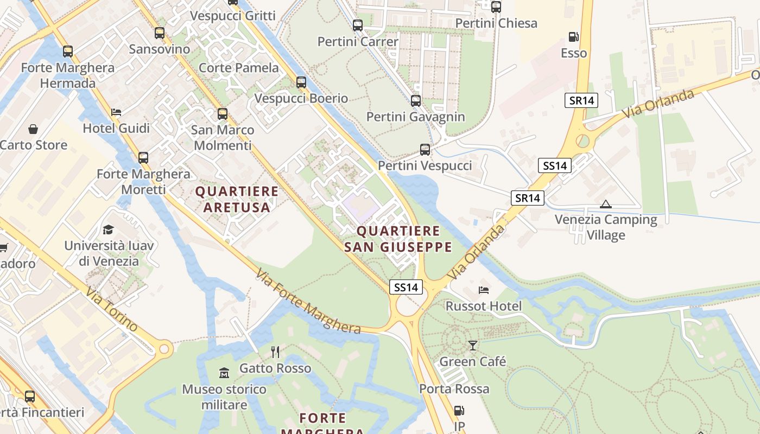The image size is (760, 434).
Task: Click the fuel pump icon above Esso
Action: point(573,37)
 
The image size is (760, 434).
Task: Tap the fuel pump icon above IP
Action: point(459,411)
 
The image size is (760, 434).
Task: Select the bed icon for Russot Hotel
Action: point(483,290)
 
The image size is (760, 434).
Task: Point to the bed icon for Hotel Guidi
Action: point(116,112)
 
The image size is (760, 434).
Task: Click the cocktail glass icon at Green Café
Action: point(473,346)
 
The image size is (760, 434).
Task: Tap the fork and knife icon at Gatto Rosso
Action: point(275,352)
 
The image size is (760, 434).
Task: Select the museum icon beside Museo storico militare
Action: point(224,373)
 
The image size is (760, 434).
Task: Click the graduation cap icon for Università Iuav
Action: point(109,229)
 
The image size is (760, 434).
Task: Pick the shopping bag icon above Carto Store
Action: point(33,129)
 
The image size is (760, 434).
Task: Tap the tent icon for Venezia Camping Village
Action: point(606,204)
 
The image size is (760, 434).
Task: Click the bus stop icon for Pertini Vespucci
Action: point(425,149)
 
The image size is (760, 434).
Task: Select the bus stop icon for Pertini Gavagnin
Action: point(416,100)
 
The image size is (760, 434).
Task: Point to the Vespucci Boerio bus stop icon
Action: point(301,82)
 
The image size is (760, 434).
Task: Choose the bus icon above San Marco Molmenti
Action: point(223,114)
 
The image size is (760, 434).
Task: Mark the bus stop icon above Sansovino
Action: point(160,33)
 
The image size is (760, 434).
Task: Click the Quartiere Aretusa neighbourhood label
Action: point(237,199)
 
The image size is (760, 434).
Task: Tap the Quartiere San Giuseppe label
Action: point(398,239)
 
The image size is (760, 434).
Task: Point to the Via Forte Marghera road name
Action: point(308,302)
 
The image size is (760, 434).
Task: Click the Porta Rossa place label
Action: point(454,389)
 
